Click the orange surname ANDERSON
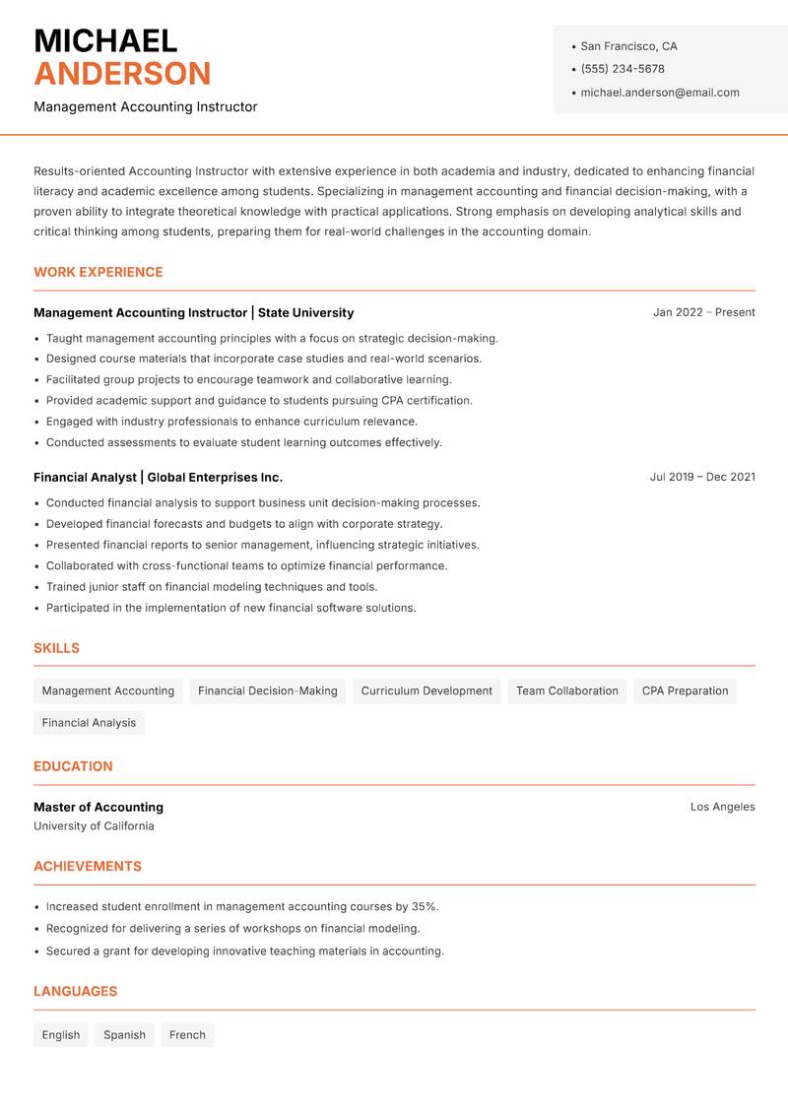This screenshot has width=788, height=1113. (122, 74)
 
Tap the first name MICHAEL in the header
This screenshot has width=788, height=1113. (105, 40)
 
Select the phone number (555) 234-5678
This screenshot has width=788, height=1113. (623, 69)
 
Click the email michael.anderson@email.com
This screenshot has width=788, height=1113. (660, 93)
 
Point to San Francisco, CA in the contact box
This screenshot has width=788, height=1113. (628, 46)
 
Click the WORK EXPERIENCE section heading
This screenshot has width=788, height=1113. (98, 272)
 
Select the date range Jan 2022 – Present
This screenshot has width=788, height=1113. (703, 312)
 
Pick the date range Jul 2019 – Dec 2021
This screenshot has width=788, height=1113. (702, 477)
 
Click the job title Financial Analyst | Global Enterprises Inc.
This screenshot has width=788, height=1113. (158, 477)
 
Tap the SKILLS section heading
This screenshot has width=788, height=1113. (56, 648)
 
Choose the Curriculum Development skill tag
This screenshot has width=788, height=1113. (427, 690)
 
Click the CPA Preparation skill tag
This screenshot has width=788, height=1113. (685, 690)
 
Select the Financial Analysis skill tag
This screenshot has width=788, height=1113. (89, 722)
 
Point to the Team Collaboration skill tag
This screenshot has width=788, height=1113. (567, 690)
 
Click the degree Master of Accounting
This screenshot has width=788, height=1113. (98, 807)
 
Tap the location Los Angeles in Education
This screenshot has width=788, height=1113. (722, 807)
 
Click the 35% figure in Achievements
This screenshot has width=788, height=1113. (424, 906)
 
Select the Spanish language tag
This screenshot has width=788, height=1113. (124, 1035)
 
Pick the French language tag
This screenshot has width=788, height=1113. (187, 1035)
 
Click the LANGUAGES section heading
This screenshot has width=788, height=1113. (75, 991)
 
